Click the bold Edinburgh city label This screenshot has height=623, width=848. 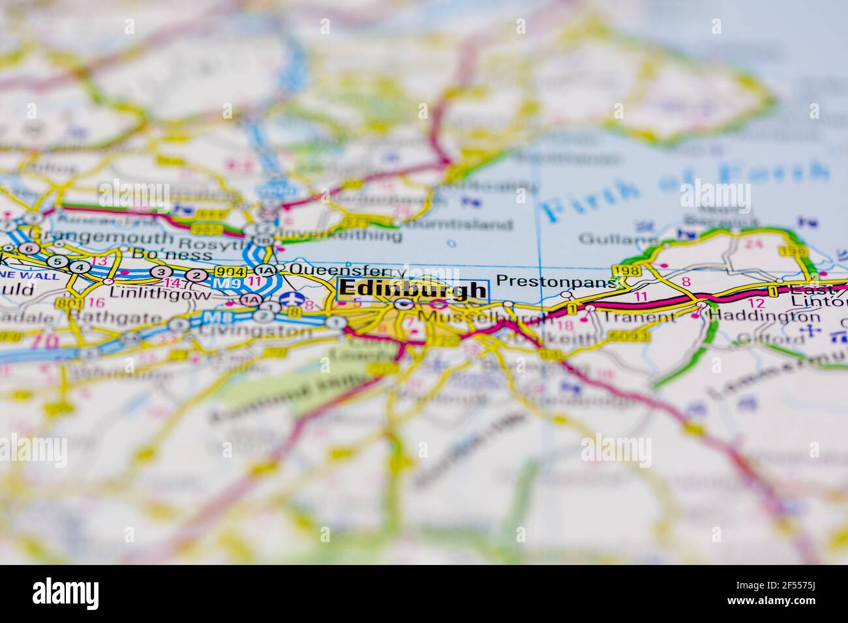click(413, 289)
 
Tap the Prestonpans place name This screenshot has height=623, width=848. click(556, 281)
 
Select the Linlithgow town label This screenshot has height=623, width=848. click(160, 294)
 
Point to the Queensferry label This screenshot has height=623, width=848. click(348, 269)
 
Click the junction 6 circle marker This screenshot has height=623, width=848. click(27, 248)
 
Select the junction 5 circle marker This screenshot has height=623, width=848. click(59, 262)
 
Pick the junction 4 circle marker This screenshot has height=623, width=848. click(80, 267)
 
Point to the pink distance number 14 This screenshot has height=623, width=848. click(173, 283)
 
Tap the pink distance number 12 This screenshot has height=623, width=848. click(755, 303)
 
